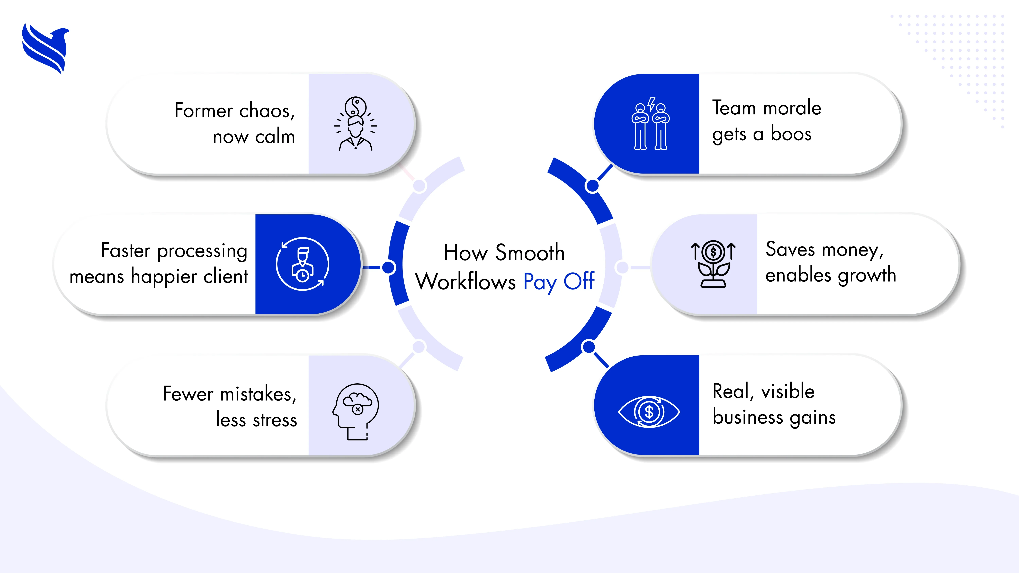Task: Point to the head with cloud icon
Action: [x=356, y=411]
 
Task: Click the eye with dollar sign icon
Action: [x=649, y=412]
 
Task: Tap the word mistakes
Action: [x=258, y=394]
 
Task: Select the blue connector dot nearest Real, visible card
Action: [x=589, y=347]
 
